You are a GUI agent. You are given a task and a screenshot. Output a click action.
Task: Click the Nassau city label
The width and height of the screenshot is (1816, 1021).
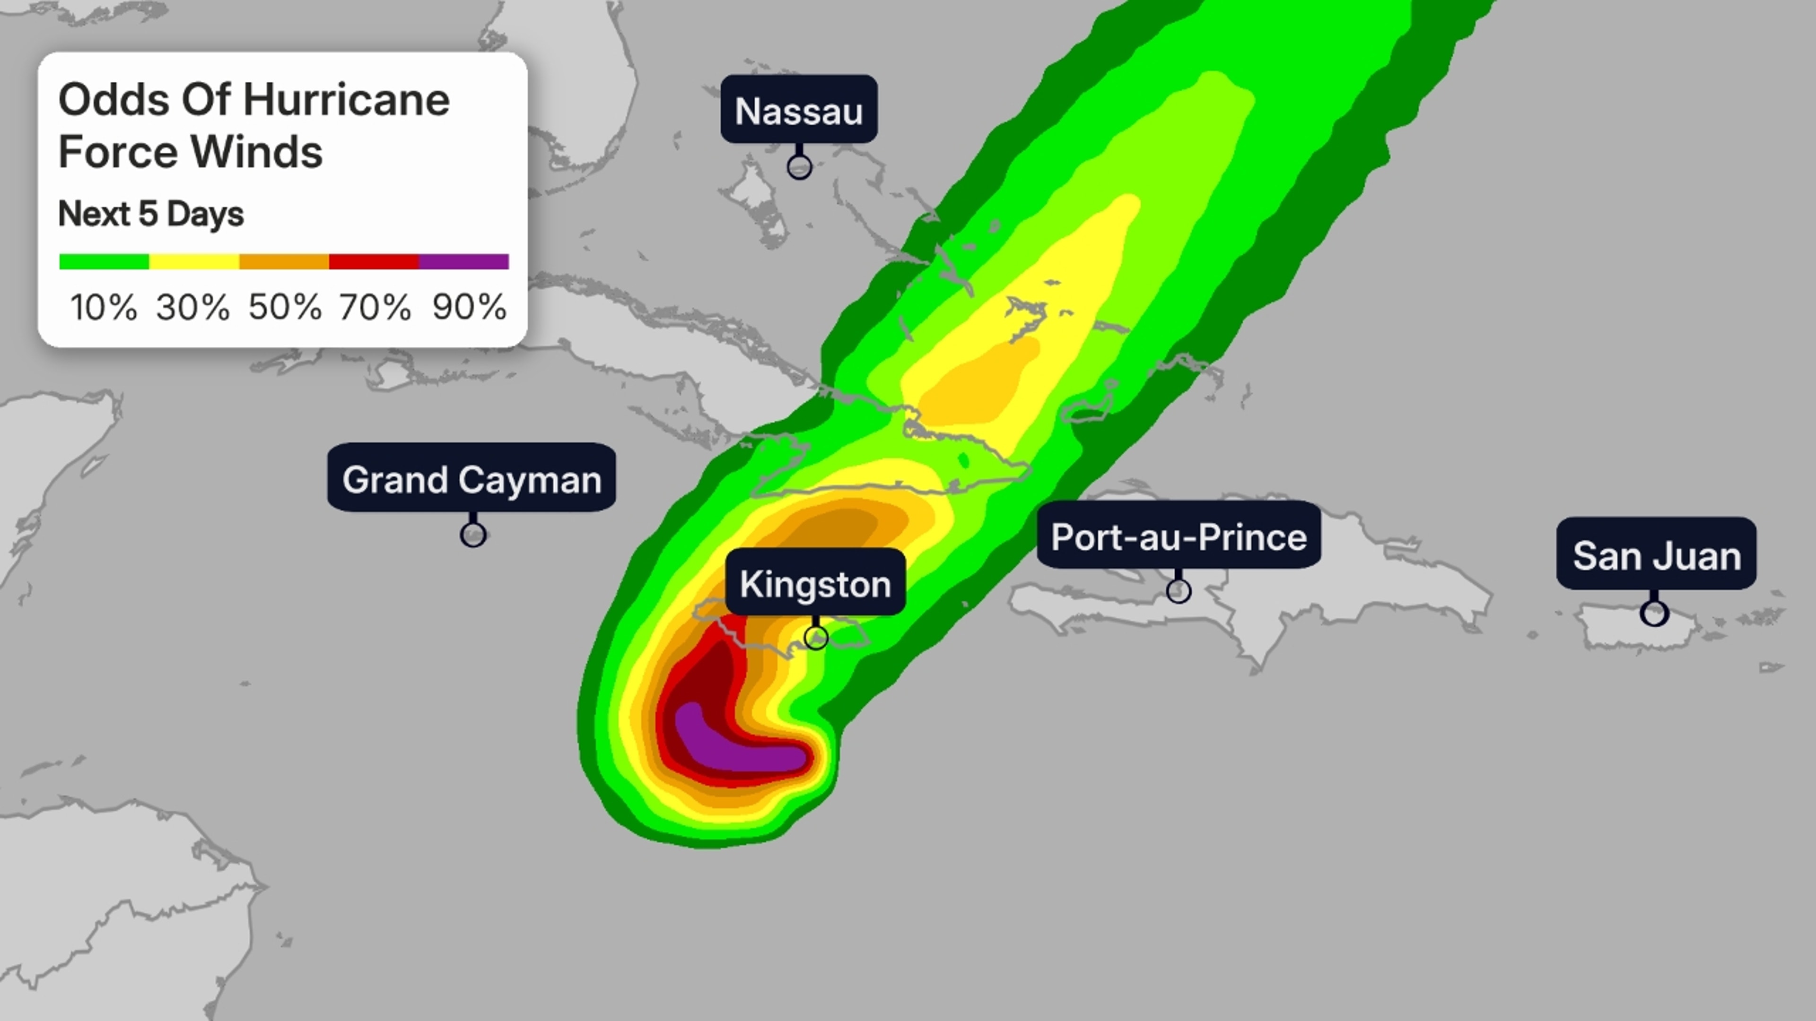click(x=799, y=111)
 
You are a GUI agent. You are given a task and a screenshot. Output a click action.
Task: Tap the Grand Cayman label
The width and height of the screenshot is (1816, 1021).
click(x=471, y=479)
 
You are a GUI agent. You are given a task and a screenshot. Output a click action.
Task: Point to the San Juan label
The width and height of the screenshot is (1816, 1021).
click(x=1656, y=555)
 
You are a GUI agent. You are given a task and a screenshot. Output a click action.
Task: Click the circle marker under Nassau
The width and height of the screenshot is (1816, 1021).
click(x=799, y=167)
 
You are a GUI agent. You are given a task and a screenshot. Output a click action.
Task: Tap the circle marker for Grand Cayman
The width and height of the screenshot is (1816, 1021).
click(x=473, y=535)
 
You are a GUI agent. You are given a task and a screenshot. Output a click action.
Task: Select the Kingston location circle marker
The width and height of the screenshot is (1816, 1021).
click(x=816, y=638)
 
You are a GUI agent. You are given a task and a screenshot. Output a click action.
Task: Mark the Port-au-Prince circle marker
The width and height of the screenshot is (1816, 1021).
click(x=1179, y=590)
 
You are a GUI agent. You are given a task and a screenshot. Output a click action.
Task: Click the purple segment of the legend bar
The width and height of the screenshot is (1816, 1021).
click(x=464, y=261)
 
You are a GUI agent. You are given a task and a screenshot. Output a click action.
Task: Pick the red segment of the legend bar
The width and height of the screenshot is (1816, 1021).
click(x=374, y=261)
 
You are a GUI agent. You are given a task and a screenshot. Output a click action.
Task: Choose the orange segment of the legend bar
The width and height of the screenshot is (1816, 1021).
click(x=284, y=261)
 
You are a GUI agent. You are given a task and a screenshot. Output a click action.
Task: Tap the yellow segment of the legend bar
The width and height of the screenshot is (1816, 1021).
click(x=194, y=261)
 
